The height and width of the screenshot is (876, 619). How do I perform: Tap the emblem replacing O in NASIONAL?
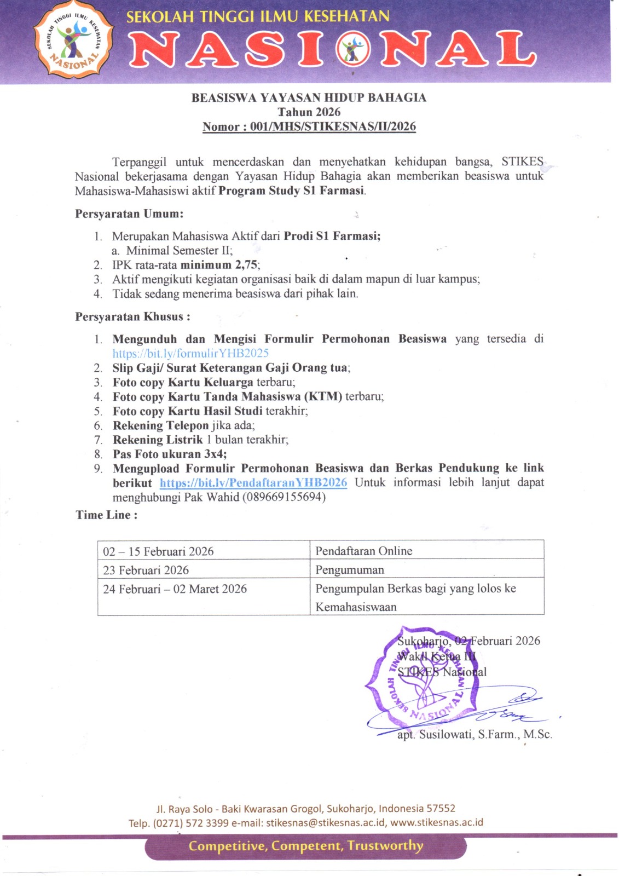point(353,50)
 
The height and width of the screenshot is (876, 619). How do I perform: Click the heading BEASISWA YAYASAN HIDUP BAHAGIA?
point(309,98)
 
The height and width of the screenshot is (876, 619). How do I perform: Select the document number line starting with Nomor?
point(309,127)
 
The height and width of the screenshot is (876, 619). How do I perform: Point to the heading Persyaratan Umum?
point(129,214)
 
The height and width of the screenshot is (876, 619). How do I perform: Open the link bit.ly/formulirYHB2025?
point(190,354)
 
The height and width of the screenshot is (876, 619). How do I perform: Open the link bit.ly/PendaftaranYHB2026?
point(253,483)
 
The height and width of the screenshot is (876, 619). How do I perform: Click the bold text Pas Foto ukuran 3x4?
point(169,454)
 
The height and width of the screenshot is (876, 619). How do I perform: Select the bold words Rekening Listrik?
point(158,440)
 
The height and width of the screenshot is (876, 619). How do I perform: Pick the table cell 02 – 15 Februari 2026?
point(158,551)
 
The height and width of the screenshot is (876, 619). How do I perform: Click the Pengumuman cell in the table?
point(350,570)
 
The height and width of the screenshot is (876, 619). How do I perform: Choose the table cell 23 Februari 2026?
point(146,570)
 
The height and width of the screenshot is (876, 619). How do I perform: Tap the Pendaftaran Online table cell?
point(364,551)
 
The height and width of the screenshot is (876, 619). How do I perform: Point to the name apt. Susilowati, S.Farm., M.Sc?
point(475,735)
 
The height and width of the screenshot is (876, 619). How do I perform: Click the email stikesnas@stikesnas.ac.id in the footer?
point(326,823)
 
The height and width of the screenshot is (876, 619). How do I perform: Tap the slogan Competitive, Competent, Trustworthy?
point(306,846)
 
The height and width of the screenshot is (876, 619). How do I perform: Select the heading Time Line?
point(107,515)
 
